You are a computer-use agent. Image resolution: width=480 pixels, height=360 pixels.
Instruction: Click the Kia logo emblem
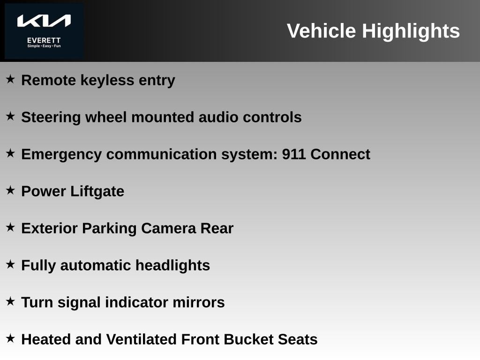click(44, 21)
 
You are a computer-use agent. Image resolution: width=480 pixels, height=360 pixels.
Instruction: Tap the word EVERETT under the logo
click(44, 40)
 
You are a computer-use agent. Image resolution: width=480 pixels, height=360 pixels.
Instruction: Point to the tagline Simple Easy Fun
click(44, 46)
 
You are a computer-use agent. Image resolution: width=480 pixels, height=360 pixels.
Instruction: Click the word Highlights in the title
click(411, 31)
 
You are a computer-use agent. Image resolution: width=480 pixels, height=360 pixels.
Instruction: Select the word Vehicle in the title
click(322, 31)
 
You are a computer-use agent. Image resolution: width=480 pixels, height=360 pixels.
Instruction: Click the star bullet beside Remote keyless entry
click(10, 79)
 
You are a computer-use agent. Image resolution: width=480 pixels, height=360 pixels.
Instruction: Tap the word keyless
click(107, 81)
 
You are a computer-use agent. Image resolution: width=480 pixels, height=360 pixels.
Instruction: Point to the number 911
click(293, 154)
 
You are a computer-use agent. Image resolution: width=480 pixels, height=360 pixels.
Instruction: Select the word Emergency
click(61, 155)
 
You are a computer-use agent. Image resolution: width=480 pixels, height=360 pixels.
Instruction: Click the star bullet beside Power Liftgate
click(10, 190)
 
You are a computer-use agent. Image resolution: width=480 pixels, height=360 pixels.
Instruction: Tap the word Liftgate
click(97, 192)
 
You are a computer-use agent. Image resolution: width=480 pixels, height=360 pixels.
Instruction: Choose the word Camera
click(169, 228)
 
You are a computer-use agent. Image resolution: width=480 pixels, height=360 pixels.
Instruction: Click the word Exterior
click(49, 228)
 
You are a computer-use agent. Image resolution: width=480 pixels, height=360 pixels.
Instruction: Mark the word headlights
click(172, 266)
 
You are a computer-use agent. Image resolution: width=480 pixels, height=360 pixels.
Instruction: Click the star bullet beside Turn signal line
click(10, 301)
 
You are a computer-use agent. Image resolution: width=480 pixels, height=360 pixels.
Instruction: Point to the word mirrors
click(199, 302)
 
